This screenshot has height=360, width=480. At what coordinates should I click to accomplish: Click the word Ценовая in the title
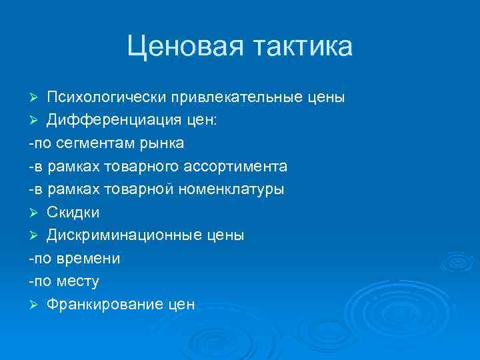coord(186,47)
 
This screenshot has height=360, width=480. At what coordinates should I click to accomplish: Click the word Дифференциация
coord(109,121)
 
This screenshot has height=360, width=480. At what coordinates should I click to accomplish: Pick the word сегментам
coord(95,143)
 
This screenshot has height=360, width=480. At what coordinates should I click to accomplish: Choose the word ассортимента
coord(243,166)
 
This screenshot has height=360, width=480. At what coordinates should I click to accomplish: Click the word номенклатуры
coord(231,189)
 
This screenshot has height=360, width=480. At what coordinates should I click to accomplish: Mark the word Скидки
coord(73,212)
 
